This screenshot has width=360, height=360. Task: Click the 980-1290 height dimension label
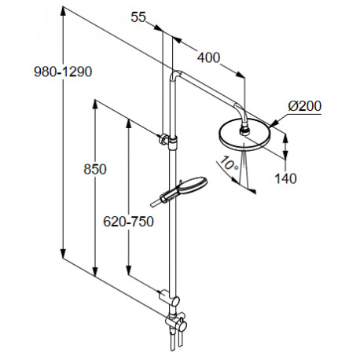(63, 72)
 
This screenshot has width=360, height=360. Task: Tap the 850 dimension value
(95, 169)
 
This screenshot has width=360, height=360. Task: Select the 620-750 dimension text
(128, 222)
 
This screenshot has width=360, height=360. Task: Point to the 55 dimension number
(138, 17)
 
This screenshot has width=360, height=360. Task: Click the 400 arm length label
(208, 57)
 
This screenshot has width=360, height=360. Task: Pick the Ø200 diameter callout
(305, 106)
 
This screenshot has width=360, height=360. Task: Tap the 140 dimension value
(285, 178)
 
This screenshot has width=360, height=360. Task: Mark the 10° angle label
(229, 163)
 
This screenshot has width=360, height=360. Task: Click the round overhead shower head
(244, 135)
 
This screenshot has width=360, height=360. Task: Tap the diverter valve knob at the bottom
(181, 325)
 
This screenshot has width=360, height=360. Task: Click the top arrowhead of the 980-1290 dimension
(63, 12)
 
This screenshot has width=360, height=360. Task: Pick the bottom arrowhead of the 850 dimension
(95, 272)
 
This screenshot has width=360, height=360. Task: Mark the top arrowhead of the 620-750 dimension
(128, 124)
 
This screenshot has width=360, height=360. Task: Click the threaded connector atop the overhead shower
(245, 130)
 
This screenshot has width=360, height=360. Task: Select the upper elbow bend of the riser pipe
(175, 74)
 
